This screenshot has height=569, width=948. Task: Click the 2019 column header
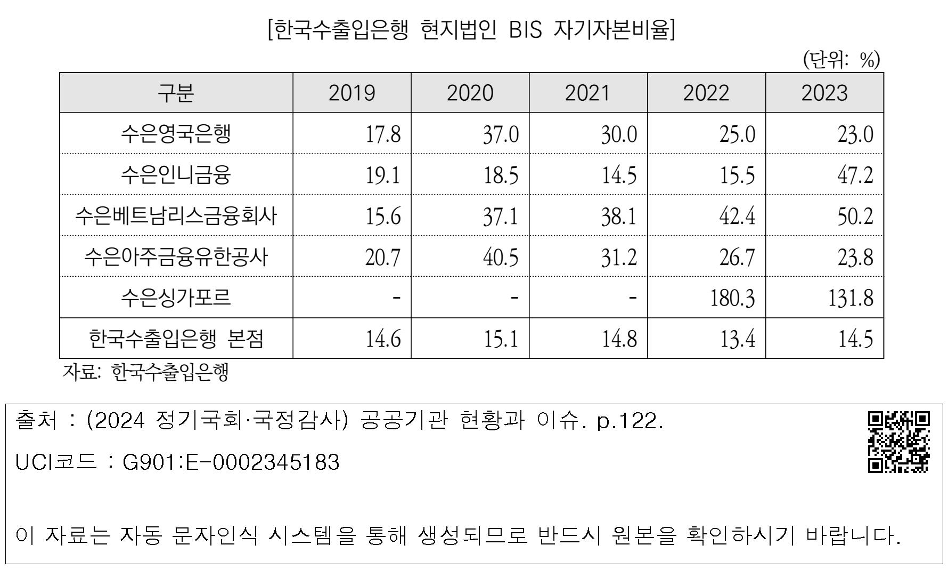click(x=352, y=93)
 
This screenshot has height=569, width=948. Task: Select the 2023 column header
click(x=824, y=93)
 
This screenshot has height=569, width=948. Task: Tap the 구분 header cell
click(x=176, y=93)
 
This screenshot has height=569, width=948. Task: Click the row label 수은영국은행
click(x=176, y=134)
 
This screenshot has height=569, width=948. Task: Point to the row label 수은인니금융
click(x=176, y=175)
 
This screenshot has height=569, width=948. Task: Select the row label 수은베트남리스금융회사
click(x=176, y=216)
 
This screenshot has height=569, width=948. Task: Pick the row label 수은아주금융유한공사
click(x=176, y=257)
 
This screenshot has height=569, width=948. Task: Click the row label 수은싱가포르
click(x=176, y=298)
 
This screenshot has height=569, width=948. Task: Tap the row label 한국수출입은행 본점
click(x=176, y=339)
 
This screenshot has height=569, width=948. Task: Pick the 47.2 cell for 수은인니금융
click(x=855, y=175)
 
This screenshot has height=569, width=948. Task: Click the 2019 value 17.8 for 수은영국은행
click(x=383, y=134)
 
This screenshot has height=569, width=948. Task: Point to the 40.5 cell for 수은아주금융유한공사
click(x=501, y=257)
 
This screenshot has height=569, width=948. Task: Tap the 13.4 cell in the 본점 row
click(x=738, y=339)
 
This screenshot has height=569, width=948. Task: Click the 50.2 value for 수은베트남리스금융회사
click(x=855, y=216)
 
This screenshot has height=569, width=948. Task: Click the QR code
click(x=899, y=442)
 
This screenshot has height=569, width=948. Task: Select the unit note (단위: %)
click(x=841, y=60)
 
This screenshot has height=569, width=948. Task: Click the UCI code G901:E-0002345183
click(x=231, y=462)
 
